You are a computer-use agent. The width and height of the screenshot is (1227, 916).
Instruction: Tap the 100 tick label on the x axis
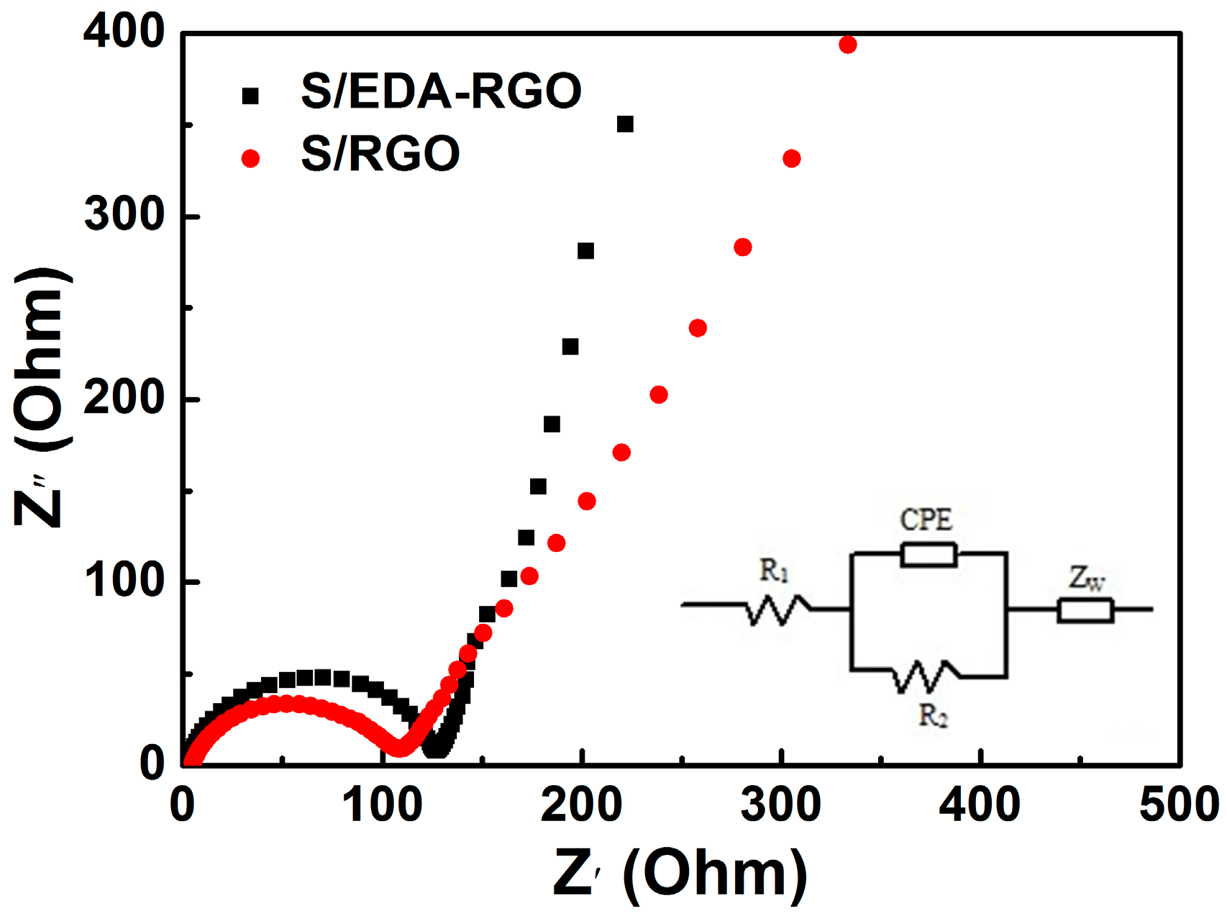(382, 804)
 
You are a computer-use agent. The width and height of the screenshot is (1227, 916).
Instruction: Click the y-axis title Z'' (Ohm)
(42, 397)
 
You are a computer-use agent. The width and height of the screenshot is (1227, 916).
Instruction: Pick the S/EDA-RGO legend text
(440, 92)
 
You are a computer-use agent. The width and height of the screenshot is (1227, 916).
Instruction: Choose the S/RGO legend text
(380, 154)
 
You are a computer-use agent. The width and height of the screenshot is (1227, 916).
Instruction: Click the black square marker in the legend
(250, 96)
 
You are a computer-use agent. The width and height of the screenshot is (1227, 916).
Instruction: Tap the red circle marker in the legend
(250, 158)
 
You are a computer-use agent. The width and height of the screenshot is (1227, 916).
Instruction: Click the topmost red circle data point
(848, 45)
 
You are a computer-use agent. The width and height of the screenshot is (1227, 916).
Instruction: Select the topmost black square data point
(625, 124)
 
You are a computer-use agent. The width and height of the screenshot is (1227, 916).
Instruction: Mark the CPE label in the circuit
(926, 520)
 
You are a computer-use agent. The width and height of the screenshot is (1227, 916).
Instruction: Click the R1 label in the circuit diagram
(774, 571)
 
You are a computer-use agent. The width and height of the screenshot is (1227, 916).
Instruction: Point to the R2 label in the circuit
(933, 716)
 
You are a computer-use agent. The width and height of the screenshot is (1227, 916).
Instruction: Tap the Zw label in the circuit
(1085, 578)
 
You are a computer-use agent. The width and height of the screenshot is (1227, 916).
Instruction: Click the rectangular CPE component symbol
(929, 555)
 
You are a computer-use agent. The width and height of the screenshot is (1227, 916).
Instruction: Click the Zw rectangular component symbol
(1085, 610)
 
